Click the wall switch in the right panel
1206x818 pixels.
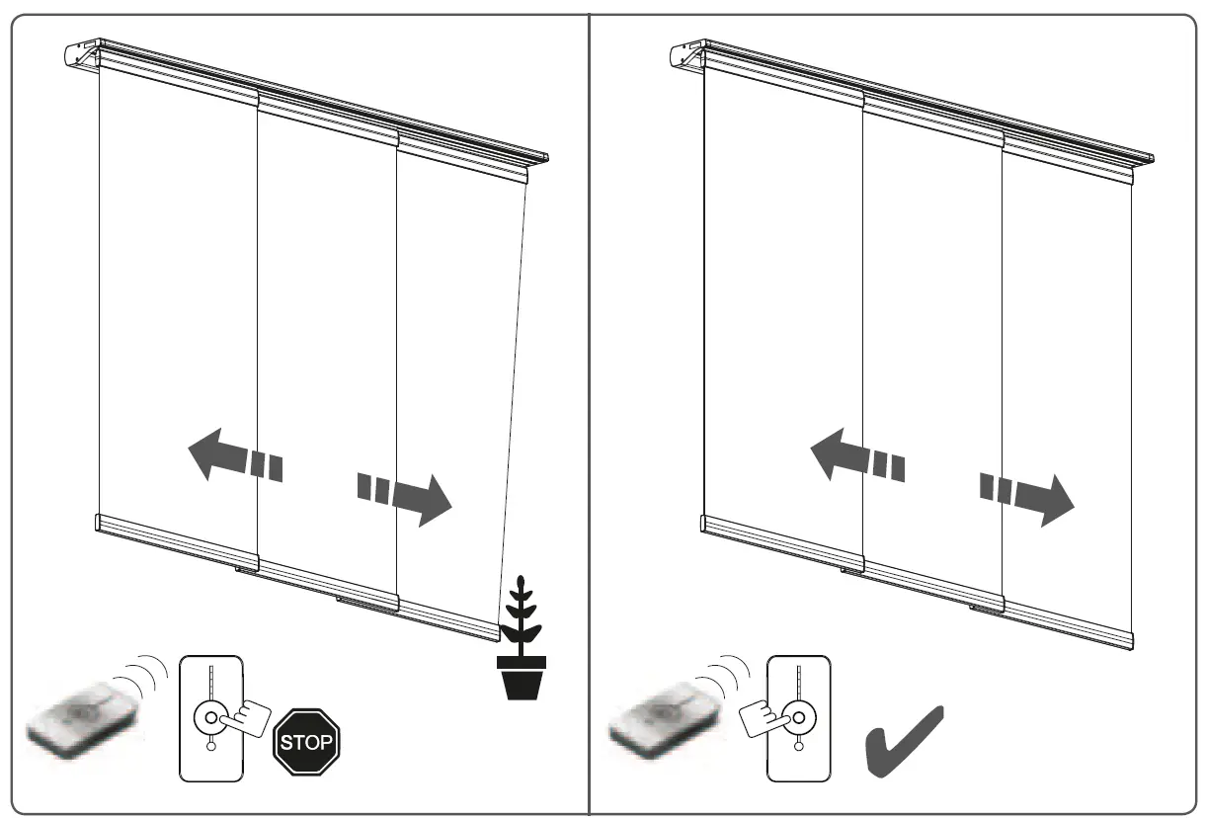(799, 715)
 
